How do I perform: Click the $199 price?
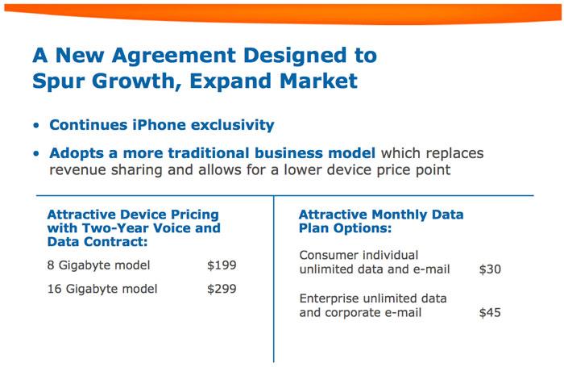click(222, 265)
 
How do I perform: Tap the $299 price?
click(222, 289)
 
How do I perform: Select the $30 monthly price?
click(490, 269)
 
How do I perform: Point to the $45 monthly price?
click(490, 313)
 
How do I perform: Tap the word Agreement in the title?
click(174, 56)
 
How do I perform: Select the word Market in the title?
click(319, 81)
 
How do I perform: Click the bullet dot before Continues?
click(36, 126)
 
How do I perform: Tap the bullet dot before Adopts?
click(36, 154)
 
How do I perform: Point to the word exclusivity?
click(232, 125)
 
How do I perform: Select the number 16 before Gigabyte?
click(53, 289)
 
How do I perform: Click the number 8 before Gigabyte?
click(50, 265)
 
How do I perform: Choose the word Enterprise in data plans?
click(329, 298)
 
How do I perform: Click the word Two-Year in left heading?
click(110, 228)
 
